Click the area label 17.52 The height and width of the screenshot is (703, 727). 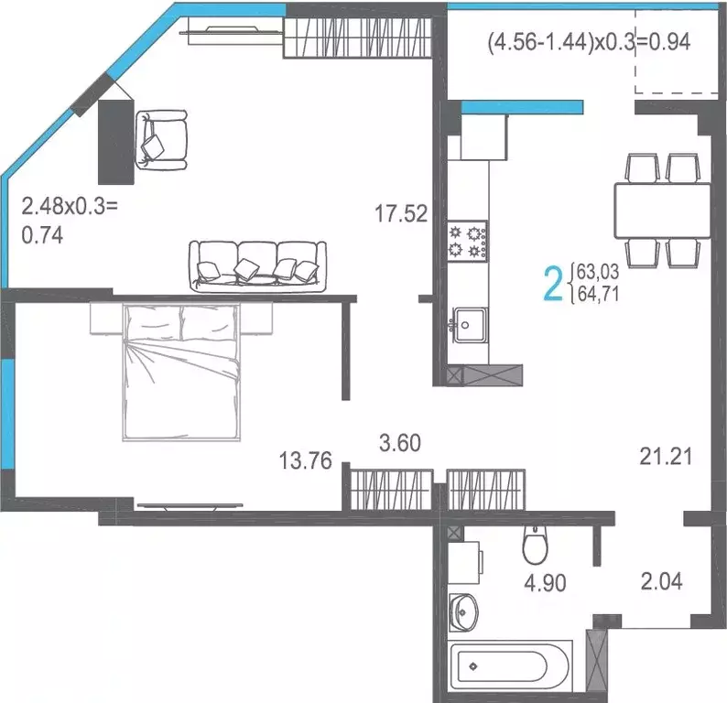[x=401, y=214]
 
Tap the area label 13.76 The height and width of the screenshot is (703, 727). [x=305, y=460]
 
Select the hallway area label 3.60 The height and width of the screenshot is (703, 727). [x=400, y=444]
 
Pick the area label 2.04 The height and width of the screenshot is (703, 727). [x=662, y=580]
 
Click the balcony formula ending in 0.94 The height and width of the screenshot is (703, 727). [x=588, y=40]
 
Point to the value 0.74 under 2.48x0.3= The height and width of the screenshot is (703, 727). [x=42, y=235]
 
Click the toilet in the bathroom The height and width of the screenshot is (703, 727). [x=534, y=546]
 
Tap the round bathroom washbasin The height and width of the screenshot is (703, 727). [x=464, y=607]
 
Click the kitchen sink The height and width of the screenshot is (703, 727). [x=468, y=322]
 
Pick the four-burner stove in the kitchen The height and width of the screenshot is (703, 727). [x=466, y=240]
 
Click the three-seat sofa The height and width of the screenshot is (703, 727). [x=256, y=264]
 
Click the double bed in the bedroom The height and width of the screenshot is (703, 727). [x=183, y=371]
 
